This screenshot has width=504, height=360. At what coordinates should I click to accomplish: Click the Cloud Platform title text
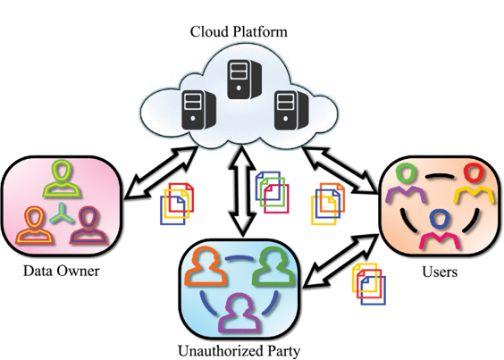tap(239, 32)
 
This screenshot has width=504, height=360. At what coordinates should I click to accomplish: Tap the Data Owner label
tap(62, 271)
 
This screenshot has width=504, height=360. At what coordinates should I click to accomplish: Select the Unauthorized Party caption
tap(239, 351)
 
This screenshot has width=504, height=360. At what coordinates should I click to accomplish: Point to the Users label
tap(440, 272)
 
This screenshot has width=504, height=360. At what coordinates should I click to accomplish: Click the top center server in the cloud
tap(244, 80)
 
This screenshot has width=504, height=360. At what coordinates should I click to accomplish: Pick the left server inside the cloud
tap(198, 110)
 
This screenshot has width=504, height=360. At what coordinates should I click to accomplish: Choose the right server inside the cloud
tap(291, 110)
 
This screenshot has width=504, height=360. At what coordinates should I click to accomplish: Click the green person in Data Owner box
tap(62, 179)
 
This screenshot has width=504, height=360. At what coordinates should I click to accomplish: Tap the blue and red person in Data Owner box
tap(88, 225)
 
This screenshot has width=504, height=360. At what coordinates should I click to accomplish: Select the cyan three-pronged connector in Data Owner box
tap(61, 214)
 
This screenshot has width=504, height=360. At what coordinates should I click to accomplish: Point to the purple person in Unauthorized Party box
tap(239, 313)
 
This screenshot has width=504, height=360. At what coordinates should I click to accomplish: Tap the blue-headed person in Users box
tap(440, 229)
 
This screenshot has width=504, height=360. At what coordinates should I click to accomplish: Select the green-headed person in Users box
tap(406, 183)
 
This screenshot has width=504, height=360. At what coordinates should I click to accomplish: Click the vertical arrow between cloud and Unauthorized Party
tap(242, 191)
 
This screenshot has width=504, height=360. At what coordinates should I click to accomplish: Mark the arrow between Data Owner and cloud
tap(161, 172)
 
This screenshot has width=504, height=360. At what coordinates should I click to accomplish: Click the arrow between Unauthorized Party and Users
tap(341, 260)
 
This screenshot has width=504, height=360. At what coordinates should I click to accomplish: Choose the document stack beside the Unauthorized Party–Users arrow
tap(369, 284)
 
